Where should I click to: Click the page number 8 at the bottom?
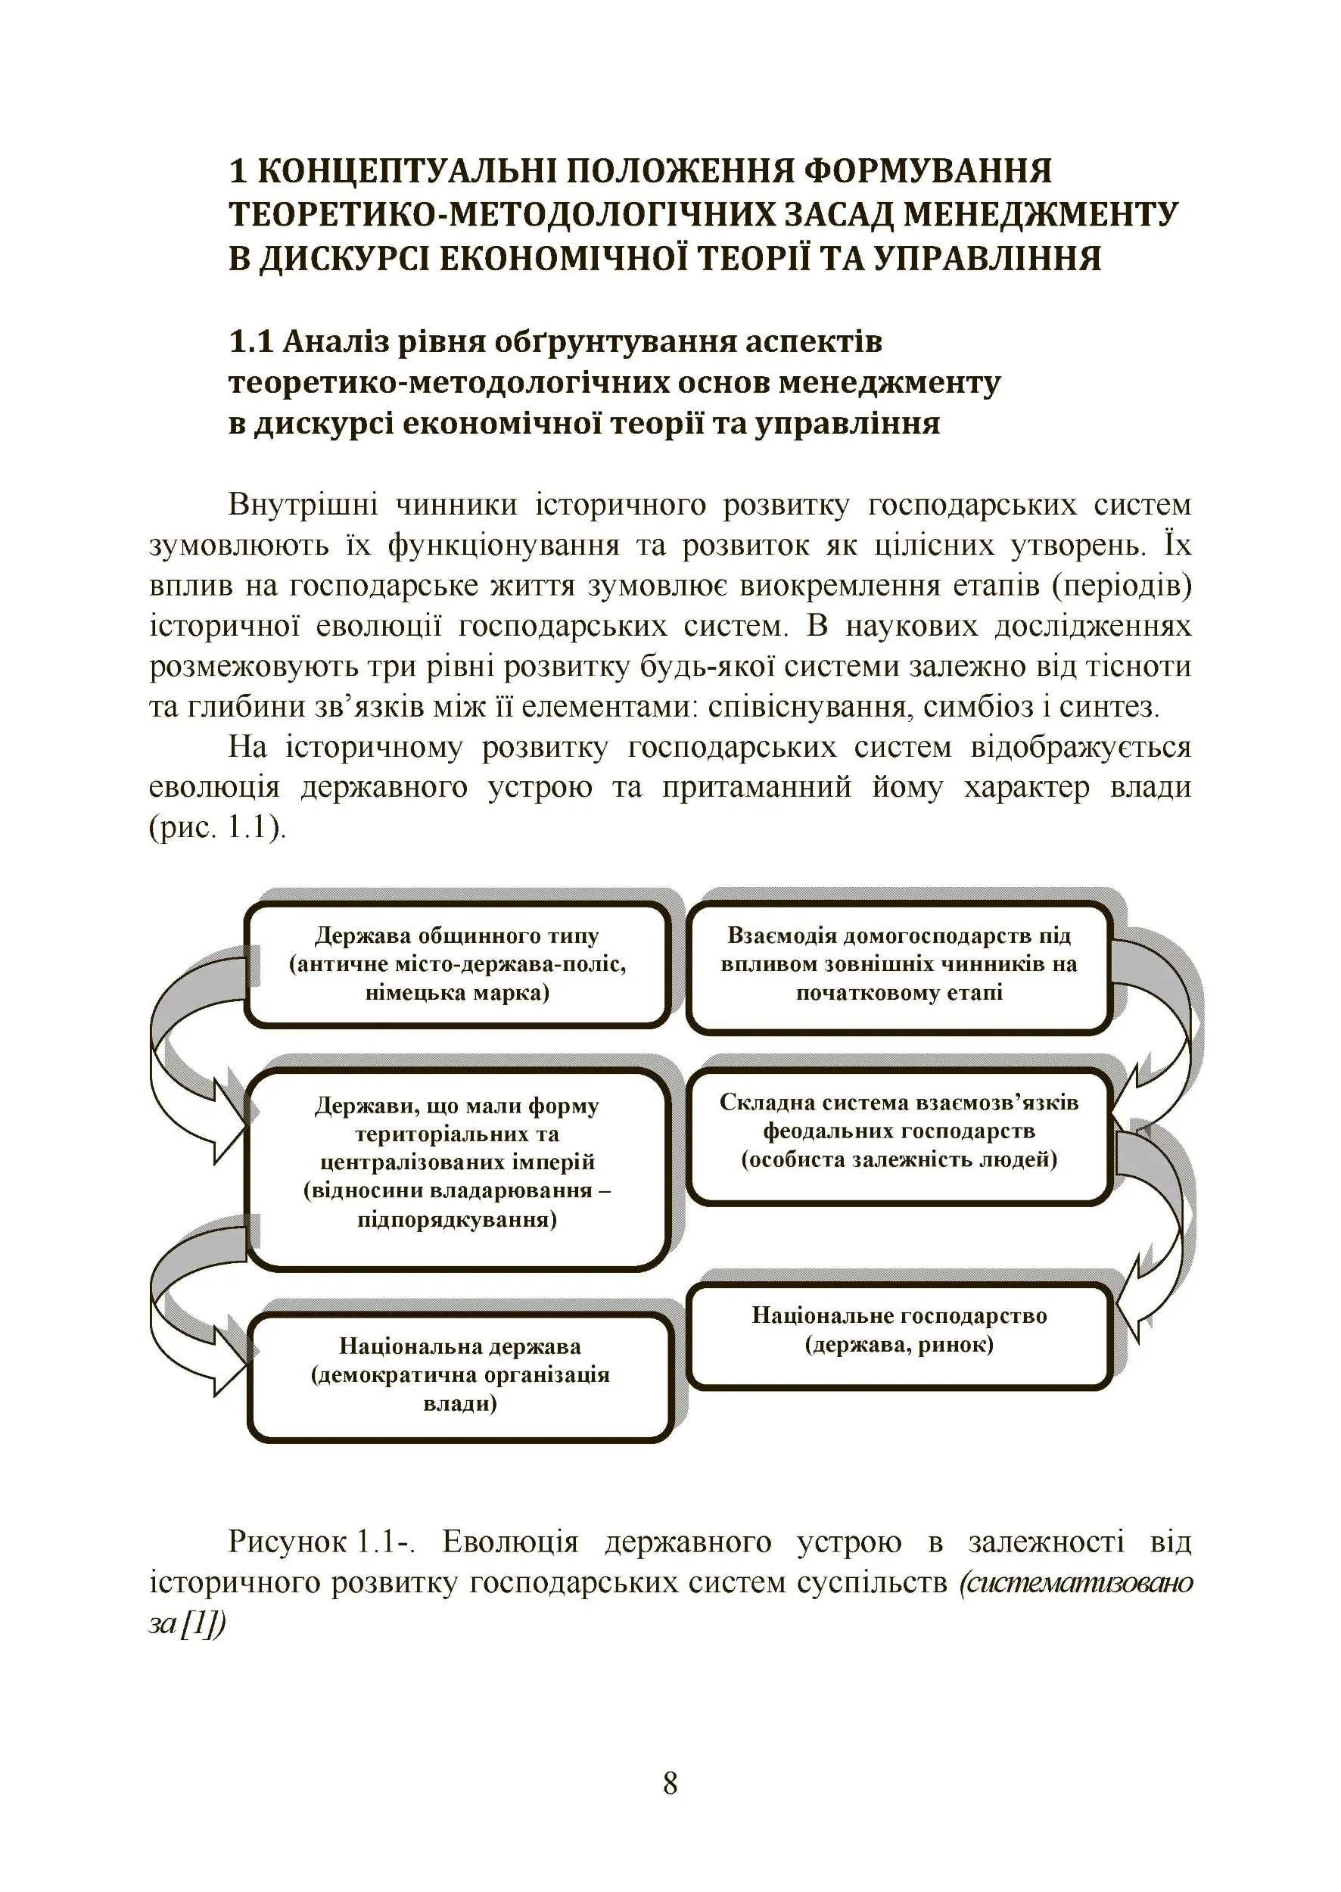(x=670, y=1784)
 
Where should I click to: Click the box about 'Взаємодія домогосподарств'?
(x=898, y=966)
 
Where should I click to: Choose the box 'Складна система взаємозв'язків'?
(x=898, y=1132)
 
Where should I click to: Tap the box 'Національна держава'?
(x=460, y=1375)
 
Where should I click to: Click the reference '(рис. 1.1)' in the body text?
(x=217, y=826)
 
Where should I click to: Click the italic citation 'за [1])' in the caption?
(x=187, y=1623)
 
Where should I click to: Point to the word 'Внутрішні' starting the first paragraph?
(x=302, y=505)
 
